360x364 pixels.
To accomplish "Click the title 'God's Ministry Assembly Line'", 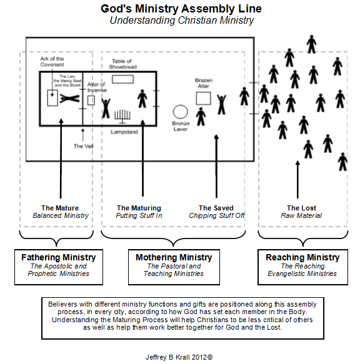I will (181, 9).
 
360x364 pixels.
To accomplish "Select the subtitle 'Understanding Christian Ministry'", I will (181, 20).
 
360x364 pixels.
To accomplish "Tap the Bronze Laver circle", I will (181, 112).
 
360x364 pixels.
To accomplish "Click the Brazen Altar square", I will (202, 98).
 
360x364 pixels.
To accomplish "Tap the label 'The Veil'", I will (82, 146).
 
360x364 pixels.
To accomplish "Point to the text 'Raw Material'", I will (301, 216).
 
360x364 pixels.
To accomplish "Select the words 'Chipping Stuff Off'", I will (216, 216).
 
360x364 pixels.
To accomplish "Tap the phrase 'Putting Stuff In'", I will (139, 216).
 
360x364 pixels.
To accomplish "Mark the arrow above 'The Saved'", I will (216, 165).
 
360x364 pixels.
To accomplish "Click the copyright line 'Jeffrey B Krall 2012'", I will (179, 357).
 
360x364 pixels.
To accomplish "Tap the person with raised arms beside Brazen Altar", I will (221, 104).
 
